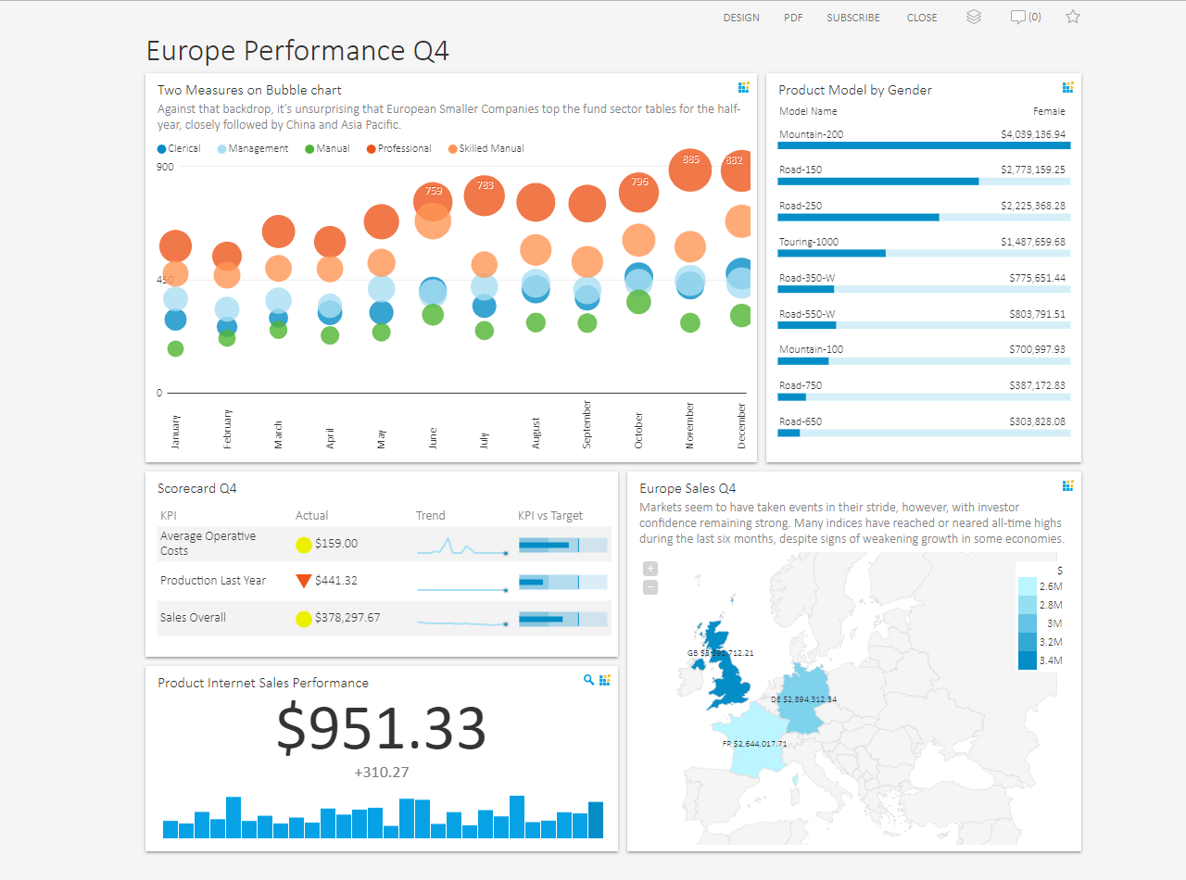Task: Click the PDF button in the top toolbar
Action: pyautogui.click(x=793, y=18)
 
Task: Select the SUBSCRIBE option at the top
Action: pyautogui.click(x=853, y=18)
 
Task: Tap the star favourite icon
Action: pyautogui.click(x=1073, y=17)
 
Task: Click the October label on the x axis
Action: pyautogui.click(x=638, y=432)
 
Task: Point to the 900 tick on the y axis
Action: pyautogui.click(x=165, y=167)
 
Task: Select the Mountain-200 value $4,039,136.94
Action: pyautogui.click(x=1032, y=134)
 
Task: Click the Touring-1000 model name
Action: pyautogui.click(x=808, y=242)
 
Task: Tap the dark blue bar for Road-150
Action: pyautogui.click(x=877, y=182)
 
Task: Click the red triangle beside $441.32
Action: pyautogui.click(x=303, y=581)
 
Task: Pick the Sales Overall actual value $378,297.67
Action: pyautogui.click(x=347, y=618)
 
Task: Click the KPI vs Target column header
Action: pyautogui.click(x=549, y=516)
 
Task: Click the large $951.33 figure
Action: pyautogui.click(x=382, y=728)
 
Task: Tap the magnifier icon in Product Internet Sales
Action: pyautogui.click(x=588, y=680)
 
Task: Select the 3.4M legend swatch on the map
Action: pyautogui.click(x=1028, y=660)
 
